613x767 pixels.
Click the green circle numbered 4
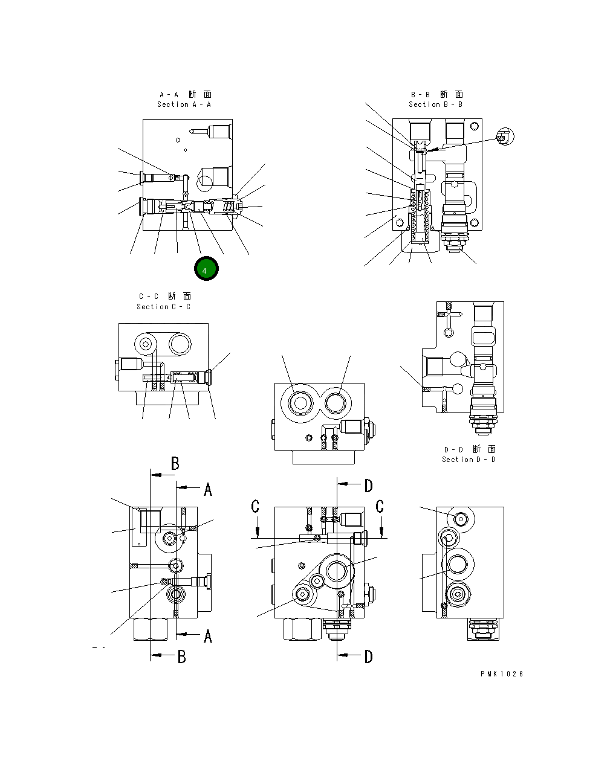tap(206, 269)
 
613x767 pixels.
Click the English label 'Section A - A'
tap(184, 104)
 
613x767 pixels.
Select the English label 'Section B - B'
tap(435, 104)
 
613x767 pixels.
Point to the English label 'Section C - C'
tap(163, 307)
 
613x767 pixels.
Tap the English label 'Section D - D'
tap(469, 460)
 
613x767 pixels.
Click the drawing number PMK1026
tap(502, 674)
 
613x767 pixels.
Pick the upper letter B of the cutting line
tap(175, 463)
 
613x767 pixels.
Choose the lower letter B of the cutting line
tap(181, 657)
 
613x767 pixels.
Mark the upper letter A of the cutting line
tap(208, 490)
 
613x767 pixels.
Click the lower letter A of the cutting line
tap(208, 636)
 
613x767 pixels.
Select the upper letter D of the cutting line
tap(368, 486)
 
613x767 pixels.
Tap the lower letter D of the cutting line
tap(368, 657)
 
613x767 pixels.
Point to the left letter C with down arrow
tap(256, 506)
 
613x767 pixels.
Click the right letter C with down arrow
tap(380, 506)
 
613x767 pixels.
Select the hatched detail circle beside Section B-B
tap(504, 137)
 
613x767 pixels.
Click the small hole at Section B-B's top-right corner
tap(475, 126)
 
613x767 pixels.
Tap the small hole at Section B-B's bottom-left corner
tap(400, 222)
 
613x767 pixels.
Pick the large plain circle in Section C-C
tap(180, 344)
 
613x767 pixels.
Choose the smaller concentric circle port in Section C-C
tap(145, 344)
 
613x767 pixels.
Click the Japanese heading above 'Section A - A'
tap(185, 94)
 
